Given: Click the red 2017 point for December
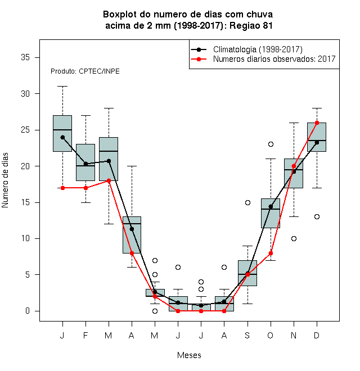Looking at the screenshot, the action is tap(317, 123).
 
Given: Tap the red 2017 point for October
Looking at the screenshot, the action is tap(271, 253).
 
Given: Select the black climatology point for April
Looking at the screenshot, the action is tap(132, 229).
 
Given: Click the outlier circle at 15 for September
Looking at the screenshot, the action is tap(247, 202).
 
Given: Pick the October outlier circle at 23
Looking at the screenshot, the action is tap(271, 144).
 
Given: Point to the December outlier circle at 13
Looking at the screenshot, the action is tap(317, 217).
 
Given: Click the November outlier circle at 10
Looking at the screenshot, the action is tap(294, 238).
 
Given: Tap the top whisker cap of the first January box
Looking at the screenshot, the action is tap(62, 87).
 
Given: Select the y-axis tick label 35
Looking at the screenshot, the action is tap(25, 57).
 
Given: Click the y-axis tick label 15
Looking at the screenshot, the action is tap(25, 202).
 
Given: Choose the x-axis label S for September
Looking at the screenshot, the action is tap(247, 335).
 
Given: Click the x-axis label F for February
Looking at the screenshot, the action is tap(85, 335).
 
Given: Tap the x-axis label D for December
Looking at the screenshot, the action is tap(317, 335).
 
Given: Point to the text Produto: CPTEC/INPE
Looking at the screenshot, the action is tap(85, 71).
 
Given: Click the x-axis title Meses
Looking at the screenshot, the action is tap(189, 355).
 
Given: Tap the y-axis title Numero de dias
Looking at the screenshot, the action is tap(5, 180).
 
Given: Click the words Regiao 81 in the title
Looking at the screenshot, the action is tap(251, 25).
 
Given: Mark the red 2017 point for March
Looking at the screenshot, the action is tap(109, 180).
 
